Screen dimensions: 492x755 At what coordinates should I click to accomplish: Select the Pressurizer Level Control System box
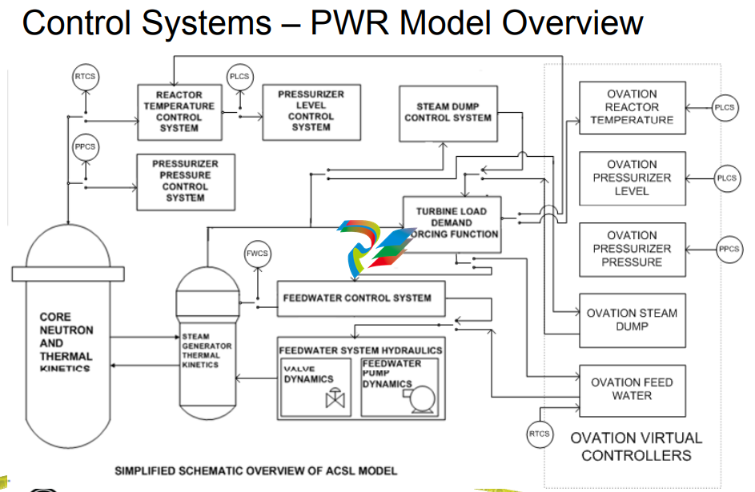click(311, 110)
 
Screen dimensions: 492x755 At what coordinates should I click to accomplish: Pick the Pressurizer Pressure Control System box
click(185, 181)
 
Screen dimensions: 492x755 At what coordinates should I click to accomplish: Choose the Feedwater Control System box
click(356, 298)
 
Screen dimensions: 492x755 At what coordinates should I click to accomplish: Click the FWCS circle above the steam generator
click(257, 254)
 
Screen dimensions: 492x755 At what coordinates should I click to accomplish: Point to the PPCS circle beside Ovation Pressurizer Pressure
click(729, 249)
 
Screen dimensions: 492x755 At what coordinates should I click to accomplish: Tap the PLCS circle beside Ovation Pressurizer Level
click(726, 178)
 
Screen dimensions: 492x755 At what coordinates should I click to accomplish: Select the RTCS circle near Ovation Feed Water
click(539, 434)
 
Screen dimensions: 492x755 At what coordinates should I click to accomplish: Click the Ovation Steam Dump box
click(632, 320)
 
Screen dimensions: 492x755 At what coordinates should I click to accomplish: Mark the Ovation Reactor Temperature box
click(632, 107)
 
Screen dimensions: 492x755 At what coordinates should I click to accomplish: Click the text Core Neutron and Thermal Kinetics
click(66, 342)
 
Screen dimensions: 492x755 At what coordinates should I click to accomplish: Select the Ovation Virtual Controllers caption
click(636, 446)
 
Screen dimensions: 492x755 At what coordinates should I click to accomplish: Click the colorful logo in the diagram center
click(372, 246)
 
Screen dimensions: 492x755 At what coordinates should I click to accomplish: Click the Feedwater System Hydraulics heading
click(360, 350)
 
